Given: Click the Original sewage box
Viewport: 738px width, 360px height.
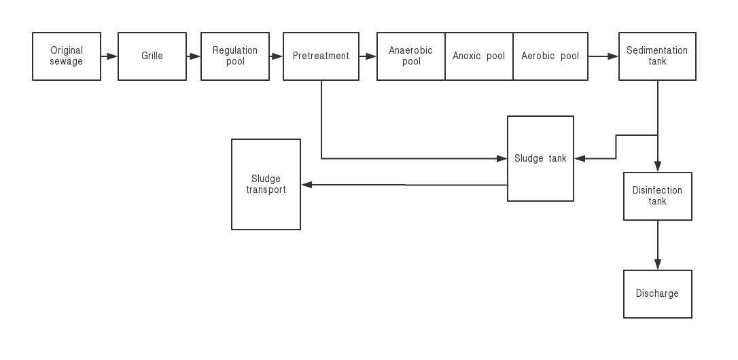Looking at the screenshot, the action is click(67, 56).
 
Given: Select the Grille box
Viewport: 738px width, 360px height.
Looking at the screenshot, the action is click(152, 56).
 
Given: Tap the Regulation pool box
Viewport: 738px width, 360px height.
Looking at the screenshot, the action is click(235, 56).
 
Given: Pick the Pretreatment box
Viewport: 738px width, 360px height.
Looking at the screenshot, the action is click(321, 56).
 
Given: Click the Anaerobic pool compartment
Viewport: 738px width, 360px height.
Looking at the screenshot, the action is click(411, 56).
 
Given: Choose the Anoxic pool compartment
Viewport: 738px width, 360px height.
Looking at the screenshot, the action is click(479, 56).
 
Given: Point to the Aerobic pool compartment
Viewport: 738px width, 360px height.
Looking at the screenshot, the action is click(550, 56).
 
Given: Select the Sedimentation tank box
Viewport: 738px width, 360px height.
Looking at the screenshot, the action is click(657, 56).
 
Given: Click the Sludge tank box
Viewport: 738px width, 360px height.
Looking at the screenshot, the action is click(540, 158).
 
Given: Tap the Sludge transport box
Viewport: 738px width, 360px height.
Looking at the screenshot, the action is click(266, 185).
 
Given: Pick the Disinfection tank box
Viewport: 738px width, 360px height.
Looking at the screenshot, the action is click(658, 196).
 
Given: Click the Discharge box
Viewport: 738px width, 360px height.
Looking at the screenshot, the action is click(658, 294).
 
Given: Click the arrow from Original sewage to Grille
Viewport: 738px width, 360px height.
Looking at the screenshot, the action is click(109, 56).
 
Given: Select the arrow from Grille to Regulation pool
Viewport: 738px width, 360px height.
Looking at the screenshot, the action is click(194, 56).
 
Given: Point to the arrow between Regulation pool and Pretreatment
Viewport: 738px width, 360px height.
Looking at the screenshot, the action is click(277, 56).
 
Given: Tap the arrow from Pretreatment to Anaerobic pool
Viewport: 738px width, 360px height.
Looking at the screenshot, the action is click(368, 56).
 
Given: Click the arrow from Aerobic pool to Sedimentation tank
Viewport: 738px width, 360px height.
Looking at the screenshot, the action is click(603, 56).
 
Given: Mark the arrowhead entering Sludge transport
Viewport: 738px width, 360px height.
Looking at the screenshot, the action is click(306, 185).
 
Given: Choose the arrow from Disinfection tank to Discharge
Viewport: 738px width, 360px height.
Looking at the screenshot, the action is click(658, 245).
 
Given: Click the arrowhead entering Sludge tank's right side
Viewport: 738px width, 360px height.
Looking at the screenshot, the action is click(580, 158).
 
